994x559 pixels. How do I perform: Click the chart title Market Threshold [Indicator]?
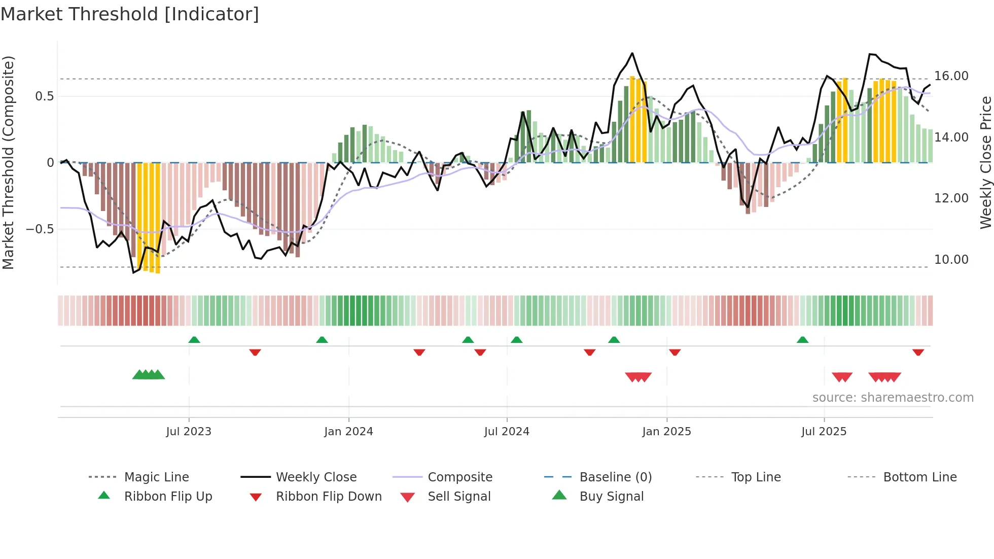(x=130, y=14)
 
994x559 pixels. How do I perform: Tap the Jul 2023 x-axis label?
(x=189, y=432)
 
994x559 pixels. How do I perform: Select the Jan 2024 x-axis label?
(x=348, y=432)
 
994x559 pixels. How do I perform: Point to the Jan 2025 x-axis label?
(x=666, y=432)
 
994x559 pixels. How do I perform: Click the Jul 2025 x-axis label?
(x=824, y=432)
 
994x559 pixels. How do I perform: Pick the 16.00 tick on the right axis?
(x=951, y=76)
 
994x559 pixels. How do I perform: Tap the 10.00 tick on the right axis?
(x=951, y=260)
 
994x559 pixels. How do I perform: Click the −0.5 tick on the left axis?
(x=40, y=229)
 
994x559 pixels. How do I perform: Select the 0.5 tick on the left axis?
(x=44, y=96)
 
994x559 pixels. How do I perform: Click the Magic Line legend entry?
(x=156, y=477)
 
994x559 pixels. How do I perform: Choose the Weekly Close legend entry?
(x=316, y=477)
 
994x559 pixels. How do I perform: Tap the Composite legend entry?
(x=459, y=477)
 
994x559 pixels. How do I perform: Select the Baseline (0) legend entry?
(x=615, y=477)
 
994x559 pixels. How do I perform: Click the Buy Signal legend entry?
(x=611, y=497)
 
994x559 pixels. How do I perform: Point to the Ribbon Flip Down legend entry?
(x=328, y=497)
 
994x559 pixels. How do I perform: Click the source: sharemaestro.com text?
(x=893, y=398)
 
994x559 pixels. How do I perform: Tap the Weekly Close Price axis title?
(x=985, y=162)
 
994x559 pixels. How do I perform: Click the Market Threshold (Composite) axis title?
(x=8, y=162)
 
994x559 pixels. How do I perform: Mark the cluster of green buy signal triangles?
(x=149, y=375)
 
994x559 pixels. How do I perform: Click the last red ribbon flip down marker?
(x=918, y=352)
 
